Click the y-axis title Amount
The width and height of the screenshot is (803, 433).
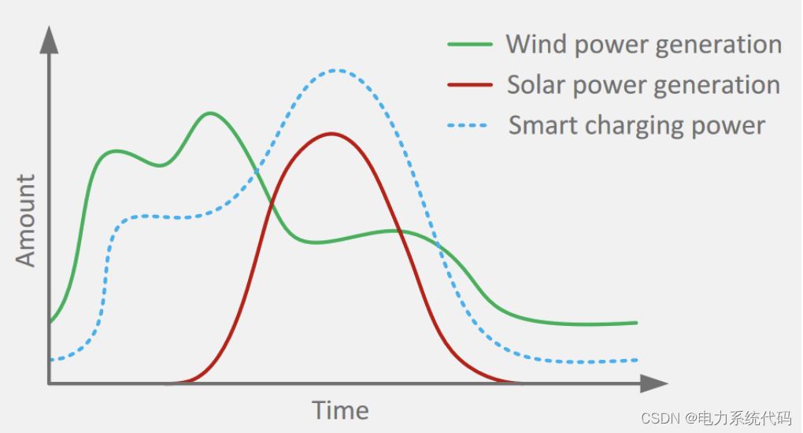[x=26, y=221]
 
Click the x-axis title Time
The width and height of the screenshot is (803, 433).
[x=340, y=410]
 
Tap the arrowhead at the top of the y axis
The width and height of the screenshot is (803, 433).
[x=50, y=39]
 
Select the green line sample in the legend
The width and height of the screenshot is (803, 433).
[x=470, y=44]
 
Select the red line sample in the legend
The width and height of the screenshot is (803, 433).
[x=470, y=85]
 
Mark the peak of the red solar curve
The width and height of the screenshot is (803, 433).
[x=332, y=134]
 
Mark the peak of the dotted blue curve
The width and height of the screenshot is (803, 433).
[x=336, y=70]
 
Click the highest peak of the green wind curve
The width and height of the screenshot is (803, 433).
[x=209, y=113]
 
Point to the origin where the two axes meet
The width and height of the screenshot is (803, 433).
[x=50, y=383]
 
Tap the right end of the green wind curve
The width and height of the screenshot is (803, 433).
[x=635, y=322]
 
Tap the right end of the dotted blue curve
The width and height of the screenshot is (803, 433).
[x=635, y=360]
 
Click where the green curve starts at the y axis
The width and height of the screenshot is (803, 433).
[x=50, y=322]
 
